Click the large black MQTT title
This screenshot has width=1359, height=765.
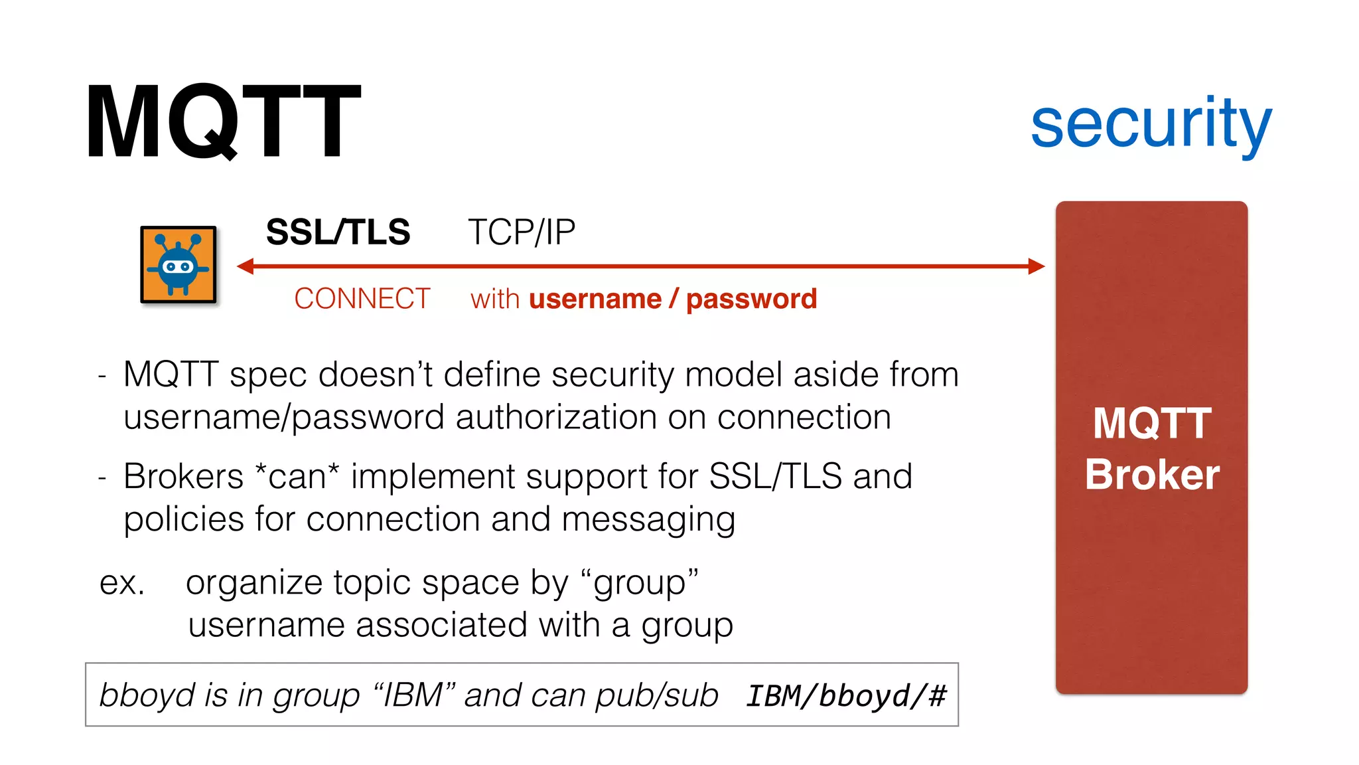pos(223,121)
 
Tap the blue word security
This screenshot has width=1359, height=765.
pos(1151,124)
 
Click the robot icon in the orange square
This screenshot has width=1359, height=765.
pos(178,264)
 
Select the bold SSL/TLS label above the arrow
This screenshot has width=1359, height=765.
pos(338,232)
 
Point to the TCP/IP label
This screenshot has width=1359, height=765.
pos(522,232)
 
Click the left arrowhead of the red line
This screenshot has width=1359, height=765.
pos(246,266)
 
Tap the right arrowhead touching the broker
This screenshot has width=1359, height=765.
pos(1036,266)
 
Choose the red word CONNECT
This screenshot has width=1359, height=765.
pos(362,299)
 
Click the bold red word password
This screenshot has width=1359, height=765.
pos(751,299)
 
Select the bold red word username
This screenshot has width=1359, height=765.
pos(595,299)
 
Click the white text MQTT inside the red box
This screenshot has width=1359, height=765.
pos(1152,423)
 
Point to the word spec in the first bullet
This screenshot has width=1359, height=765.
pos(268,376)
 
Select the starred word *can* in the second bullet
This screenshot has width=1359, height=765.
pos(297,477)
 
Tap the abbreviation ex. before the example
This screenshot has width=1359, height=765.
pos(122,583)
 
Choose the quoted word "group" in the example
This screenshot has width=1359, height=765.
pos(640,583)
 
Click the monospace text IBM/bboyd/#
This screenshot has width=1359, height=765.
pos(846,696)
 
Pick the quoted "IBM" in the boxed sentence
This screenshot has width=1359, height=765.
pos(414,695)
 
